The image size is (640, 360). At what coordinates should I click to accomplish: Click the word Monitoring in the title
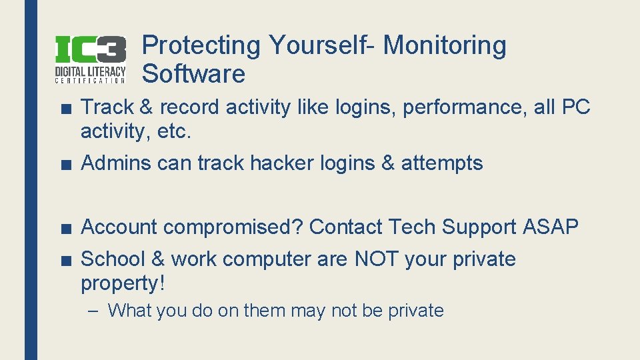tap(445, 45)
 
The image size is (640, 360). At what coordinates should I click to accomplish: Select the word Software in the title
tap(194, 74)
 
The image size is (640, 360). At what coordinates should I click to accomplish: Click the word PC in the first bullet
tap(575, 107)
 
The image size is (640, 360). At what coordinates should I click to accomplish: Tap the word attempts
tap(441, 163)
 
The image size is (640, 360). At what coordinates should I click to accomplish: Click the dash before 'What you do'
tap(95, 311)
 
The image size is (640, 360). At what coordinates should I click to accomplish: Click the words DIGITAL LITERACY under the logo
tap(90, 71)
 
